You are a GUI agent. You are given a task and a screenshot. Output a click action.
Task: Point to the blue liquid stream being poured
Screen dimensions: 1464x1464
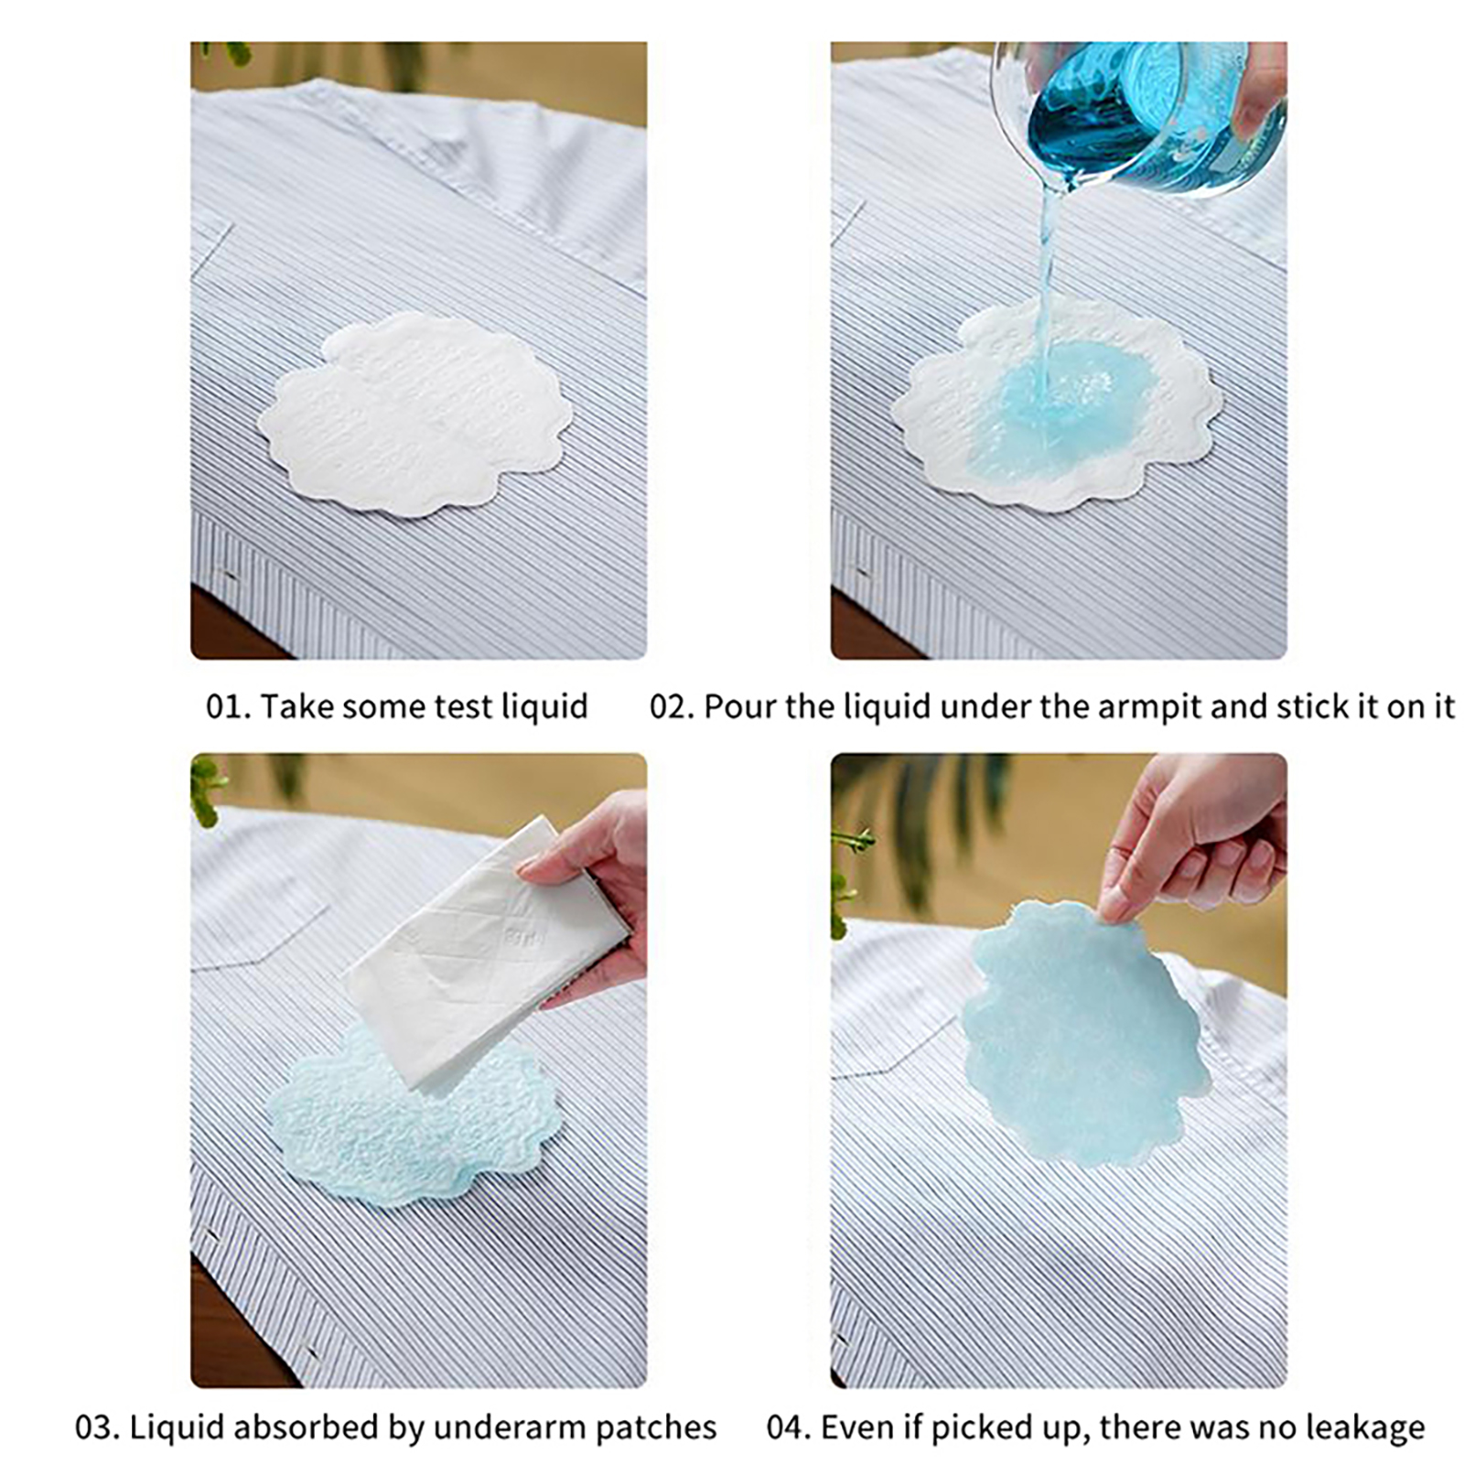point(1048,293)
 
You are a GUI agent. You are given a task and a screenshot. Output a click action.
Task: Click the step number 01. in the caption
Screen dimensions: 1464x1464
point(228,706)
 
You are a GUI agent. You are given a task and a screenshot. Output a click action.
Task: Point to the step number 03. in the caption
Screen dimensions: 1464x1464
point(98,1427)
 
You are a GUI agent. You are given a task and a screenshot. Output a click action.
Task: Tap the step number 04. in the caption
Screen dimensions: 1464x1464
point(790,1427)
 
